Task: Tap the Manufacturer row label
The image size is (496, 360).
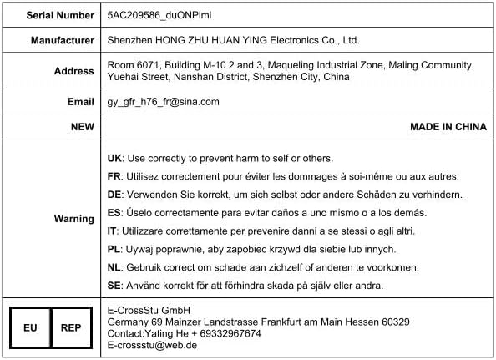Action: (x=62, y=40)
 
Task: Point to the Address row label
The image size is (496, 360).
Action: (x=73, y=71)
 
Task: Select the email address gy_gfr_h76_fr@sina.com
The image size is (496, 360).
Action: (x=164, y=102)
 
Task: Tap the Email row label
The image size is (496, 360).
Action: (x=80, y=102)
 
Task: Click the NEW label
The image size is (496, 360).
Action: (x=82, y=127)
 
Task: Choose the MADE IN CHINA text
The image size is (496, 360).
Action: (x=448, y=127)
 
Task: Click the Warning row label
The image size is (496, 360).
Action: (x=73, y=219)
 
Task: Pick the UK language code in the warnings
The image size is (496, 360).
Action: (x=115, y=158)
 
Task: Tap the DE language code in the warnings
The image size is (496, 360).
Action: (x=115, y=195)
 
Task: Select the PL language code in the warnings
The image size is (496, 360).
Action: (x=115, y=249)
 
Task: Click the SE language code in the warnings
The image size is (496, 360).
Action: (x=115, y=286)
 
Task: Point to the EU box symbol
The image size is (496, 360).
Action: (x=30, y=327)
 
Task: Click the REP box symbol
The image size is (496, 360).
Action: (x=71, y=327)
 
